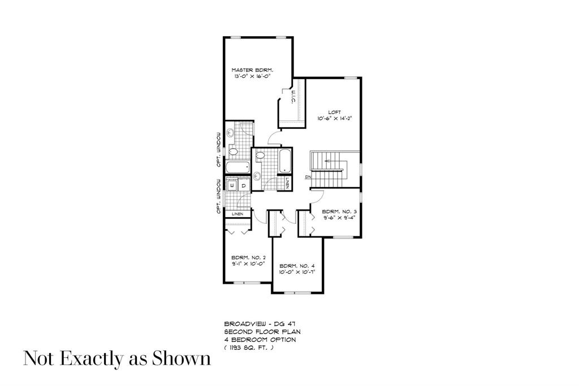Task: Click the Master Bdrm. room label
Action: coord(252,70)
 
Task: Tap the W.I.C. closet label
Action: coord(292,97)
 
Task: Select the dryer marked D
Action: coord(244,185)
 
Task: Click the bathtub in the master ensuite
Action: coord(237,167)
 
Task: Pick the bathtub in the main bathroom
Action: coord(285,161)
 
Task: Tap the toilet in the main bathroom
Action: coord(260,155)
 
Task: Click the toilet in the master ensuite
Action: coord(233,151)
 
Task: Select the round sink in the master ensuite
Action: coord(230,132)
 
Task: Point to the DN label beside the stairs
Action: coord(308,177)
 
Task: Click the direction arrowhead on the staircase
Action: coord(326,161)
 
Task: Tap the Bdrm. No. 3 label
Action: coord(339,212)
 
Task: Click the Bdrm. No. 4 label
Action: coord(297,266)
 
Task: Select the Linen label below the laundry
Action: coord(237,214)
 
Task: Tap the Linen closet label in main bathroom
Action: coord(287,184)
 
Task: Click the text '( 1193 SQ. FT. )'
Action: coord(248,347)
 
